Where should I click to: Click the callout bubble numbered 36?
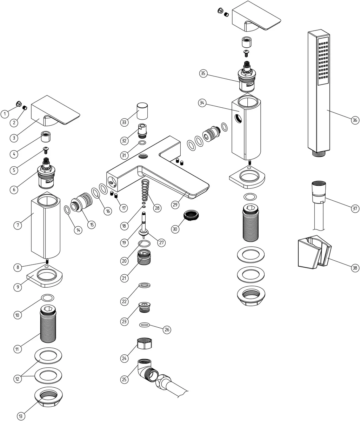pyautogui.click(x=355, y=120)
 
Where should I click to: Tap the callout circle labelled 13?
pyautogui.click(x=21, y=416)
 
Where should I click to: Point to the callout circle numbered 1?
pyautogui.click(x=5, y=114)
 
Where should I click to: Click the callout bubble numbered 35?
pyautogui.click(x=203, y=73)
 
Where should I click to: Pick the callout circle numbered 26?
pyautogui.click(x=167, y=329)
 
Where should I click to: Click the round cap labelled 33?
pyautogui.click(x=142, y=111)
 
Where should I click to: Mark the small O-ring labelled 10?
pyautogui.click(x=48, y=298)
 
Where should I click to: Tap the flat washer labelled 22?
pyautogui.click(x=145, y=285)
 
